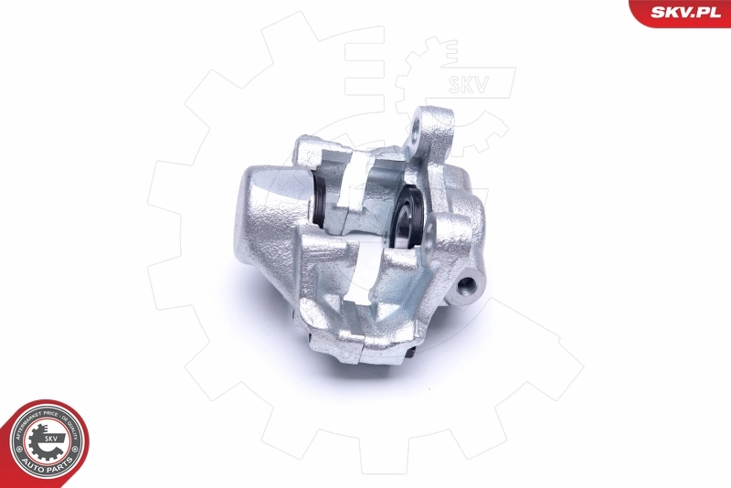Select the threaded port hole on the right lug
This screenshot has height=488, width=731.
point(471,284)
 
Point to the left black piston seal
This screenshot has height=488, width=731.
point(323,200)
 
